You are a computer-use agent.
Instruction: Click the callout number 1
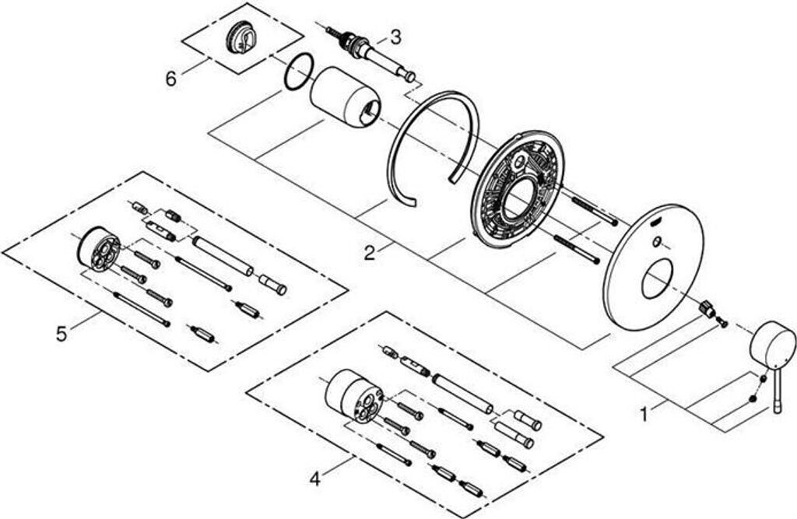644,415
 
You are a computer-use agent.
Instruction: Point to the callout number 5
61,333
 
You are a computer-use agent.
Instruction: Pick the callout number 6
171,78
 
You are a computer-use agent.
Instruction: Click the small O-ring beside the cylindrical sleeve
299,72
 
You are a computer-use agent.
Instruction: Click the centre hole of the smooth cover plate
658,278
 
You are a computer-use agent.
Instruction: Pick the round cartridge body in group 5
100,249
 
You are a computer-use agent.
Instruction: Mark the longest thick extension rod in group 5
223,256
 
